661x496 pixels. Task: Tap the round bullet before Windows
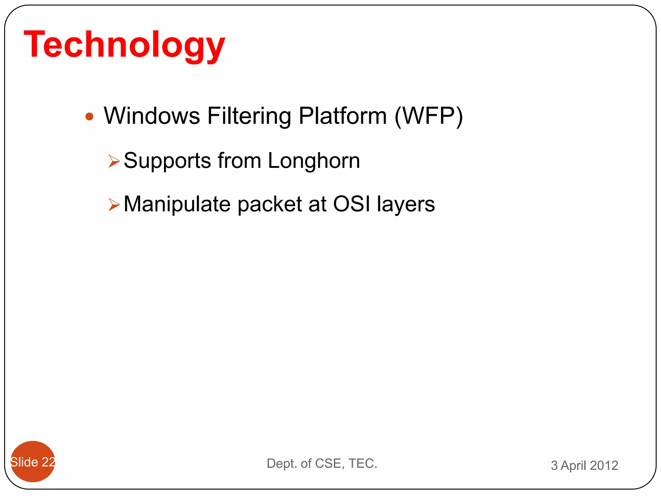pyautogui.click(x=89, y=117)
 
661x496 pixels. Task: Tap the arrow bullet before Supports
pyautogui.click(x=114, y=161)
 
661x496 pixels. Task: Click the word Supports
pyautogui.click(x=167, y=161)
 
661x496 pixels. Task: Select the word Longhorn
pyautogui.click(x=314, y=160)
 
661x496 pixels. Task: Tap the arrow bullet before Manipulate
pyautogui.click(x=114, y=204)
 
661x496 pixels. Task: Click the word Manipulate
pyautogui.click(x=177, y=204)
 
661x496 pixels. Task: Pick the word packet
pyautogui.click(x=269, y=204)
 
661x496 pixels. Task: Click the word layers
pyautogui.click(x=406, y=204)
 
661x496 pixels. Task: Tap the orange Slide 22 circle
pyautogui.click(x=33, y=461)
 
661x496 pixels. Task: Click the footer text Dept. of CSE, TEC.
pyautogui.click(x=322, y=463)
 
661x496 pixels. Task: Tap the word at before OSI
pyautogui.click(x=317, y=204)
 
